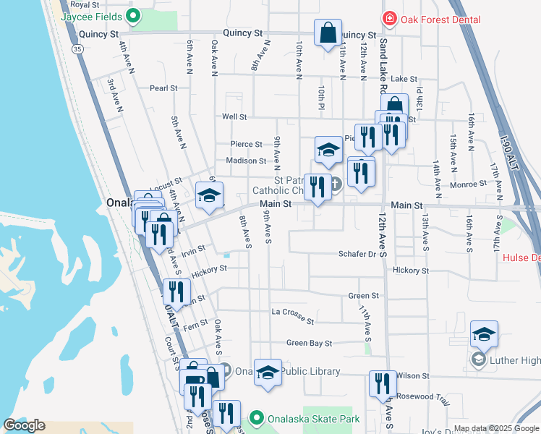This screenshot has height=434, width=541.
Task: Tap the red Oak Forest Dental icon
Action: (389, 18)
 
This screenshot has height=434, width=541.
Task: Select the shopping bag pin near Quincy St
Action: (328, 33)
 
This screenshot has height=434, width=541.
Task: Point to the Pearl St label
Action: (163, 88)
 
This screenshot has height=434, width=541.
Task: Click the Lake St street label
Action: (404, 79)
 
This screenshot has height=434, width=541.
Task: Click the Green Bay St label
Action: (309, 343)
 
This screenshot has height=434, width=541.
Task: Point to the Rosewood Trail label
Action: (423, 397)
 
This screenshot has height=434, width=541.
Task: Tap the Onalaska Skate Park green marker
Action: (255, 418)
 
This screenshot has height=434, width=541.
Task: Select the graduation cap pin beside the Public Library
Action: (268, 373)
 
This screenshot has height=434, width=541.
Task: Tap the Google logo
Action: (24, 425)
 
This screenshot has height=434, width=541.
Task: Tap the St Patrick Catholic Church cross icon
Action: (336, 187)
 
